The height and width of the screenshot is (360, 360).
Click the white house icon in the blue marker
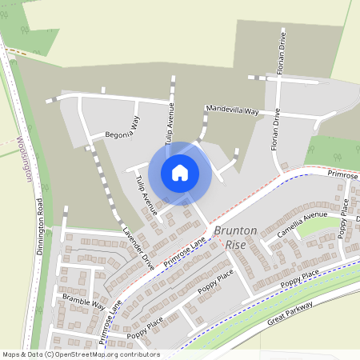click(180, 172)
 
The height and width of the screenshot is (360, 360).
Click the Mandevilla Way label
click(232, 110)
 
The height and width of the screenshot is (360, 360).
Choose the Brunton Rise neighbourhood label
click(235, 236)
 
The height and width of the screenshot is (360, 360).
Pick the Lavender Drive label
click(137, 247)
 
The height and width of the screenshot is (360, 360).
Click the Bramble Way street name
click(83, 302)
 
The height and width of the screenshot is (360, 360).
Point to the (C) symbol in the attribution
click(50, 354)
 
